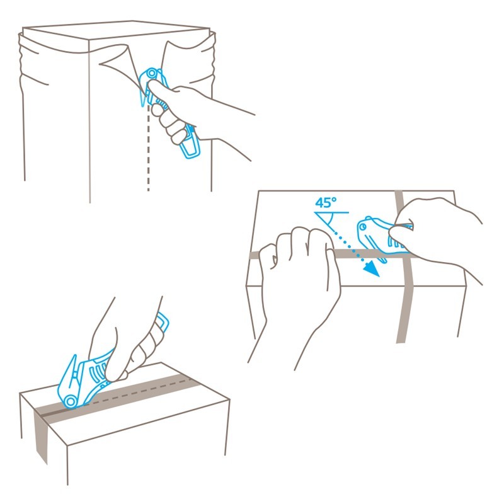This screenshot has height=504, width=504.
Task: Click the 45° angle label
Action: tap(326, 203)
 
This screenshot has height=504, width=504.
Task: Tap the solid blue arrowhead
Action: tap(372, 268)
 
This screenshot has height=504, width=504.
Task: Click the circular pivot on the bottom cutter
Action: tap(70, 401)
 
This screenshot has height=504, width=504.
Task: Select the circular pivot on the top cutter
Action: tap(152, 74)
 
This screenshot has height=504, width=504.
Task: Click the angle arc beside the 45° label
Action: tap(330, 220)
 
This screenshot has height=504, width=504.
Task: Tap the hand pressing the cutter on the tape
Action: tap(129, 341)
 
